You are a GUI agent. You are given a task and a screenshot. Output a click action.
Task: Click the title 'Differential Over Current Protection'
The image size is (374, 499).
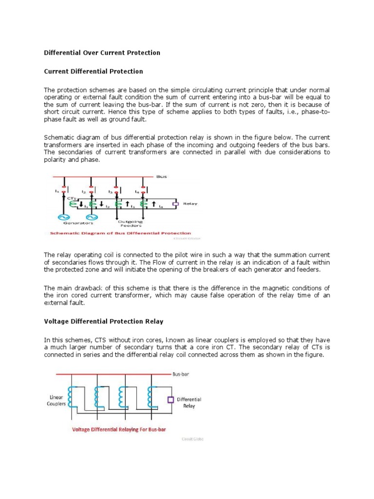(x=102, y=53)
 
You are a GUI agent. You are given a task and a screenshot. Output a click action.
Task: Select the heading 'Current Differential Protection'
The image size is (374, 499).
(x=93, y=71)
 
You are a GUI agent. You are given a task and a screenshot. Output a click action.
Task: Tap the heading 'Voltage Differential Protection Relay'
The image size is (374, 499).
(x=104, y=322)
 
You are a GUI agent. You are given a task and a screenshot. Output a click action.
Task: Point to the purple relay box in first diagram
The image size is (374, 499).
(x=176, y=204)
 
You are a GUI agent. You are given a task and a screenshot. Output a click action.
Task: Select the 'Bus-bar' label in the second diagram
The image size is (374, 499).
(x=180, y=375)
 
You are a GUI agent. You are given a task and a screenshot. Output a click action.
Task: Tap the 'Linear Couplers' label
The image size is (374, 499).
(x=56, y=401)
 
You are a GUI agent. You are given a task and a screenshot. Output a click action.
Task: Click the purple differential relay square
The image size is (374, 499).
(x=170, y=400)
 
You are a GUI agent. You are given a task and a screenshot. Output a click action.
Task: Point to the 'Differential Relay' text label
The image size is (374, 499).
(x=189, y=403)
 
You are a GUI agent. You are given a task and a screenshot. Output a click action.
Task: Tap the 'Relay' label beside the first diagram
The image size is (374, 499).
(x=190, y=204)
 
